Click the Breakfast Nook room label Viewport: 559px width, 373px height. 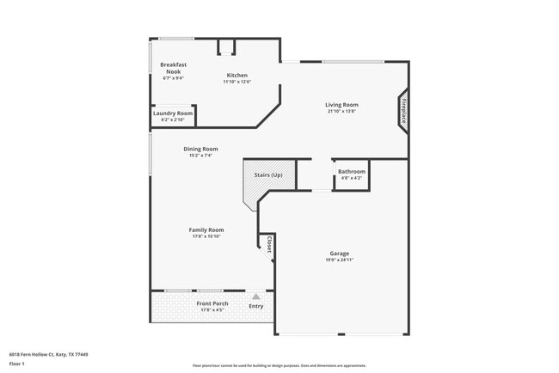tap(174, 68)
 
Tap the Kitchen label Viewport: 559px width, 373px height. tap(237, 75)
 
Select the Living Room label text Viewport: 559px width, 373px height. tap(341, 105)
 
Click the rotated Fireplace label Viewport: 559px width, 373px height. tap(402, 112)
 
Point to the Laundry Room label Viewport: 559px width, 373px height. tap(173, 113)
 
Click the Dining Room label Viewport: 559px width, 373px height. tap(200, 149)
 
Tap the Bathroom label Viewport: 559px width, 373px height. tap(351, 172)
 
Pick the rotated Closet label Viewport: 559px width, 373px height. tap(269, 244)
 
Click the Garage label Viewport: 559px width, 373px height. tap(339, 254)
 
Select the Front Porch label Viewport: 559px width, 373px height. tap(211, 304)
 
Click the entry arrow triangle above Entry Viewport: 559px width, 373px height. tap(255, 296)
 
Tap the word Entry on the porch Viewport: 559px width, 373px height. tap(256, 306)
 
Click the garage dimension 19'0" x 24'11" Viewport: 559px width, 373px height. tap(339, 260)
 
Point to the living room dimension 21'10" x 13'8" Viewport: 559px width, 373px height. tap(341, 111)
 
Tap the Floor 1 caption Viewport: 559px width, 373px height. tap(17, 363)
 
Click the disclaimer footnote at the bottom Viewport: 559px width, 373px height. tap(279, 365)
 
